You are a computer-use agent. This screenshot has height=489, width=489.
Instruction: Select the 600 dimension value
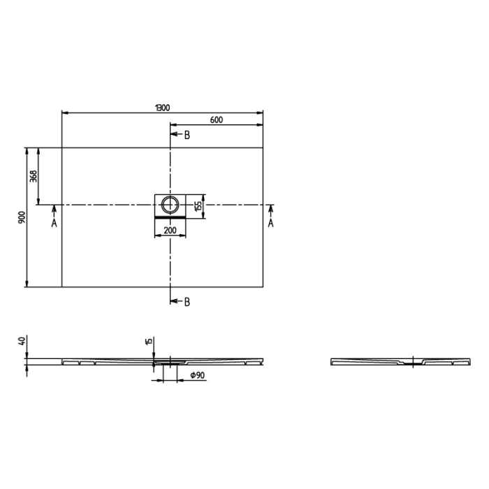(x=216, y=120)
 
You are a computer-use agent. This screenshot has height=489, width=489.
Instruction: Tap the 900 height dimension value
(x=22, y=217)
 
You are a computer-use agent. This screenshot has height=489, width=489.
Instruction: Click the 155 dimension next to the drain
(x=198, y=205)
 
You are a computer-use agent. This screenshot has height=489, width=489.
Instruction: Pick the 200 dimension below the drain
(x=170, y=230)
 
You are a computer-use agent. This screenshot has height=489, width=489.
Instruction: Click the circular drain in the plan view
(x=170, y=205)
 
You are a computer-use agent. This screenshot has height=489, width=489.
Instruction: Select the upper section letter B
(x=187, y=135)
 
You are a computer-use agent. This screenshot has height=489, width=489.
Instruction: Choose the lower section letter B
(x=187, y=302)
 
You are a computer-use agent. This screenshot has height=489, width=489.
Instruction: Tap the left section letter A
(x=54, y=223)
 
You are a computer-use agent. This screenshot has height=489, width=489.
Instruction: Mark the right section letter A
(x=271, y=223)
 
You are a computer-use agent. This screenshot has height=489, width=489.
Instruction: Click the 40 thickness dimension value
(x=22, y=342)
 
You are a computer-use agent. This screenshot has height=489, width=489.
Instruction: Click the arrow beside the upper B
(x=176, y=135)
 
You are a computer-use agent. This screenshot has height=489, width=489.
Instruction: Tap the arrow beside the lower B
(x=176, y=302)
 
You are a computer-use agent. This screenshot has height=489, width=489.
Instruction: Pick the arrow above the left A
(x=54, y=210)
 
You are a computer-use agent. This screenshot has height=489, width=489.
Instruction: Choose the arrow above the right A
(x=271, y=210)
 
